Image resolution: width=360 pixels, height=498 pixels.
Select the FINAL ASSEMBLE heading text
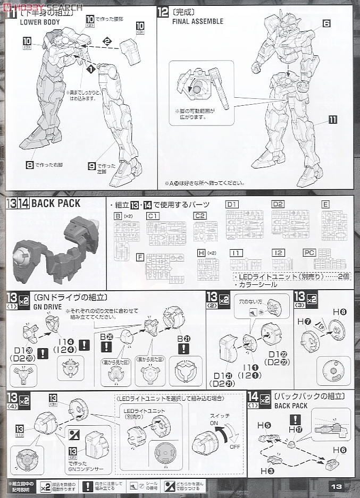[x=197, y=22]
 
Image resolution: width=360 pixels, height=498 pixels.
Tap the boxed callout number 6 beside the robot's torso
[x=326, y=23]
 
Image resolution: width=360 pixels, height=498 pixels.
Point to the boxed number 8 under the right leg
[x=30, y=165]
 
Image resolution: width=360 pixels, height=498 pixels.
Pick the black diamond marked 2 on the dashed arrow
[x=107, y=41]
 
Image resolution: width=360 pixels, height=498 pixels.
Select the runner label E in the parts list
[x=325, y=204]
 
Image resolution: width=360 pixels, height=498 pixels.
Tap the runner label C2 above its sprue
[x=200, y=216]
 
